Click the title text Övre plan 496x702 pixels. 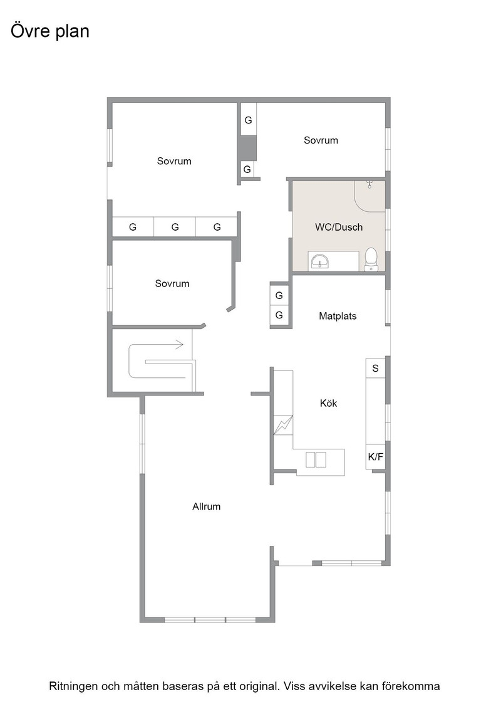click(50, 31)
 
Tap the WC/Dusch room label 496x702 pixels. click(339, 227)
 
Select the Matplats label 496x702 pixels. click(338, 316)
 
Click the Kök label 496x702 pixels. click(328, 403)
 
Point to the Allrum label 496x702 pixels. click(206, 506)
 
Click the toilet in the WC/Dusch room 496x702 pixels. click(371, 259)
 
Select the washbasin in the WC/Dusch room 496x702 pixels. click(320, 261)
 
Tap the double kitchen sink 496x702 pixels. click(316, 460)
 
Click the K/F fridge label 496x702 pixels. click(375, 457)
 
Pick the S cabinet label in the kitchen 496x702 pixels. click(375, 368)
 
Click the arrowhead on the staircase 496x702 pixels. click(179, 344)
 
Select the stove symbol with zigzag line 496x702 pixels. click(283, 426)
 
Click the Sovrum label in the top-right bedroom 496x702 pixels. click(321, 140)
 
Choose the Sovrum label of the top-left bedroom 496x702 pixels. click(174, 160)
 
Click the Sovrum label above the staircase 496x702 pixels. click(172, 283)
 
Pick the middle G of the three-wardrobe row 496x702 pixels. click(175, 227)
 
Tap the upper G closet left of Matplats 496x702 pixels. click(279, 295)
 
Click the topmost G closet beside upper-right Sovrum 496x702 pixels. click(248, 120)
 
